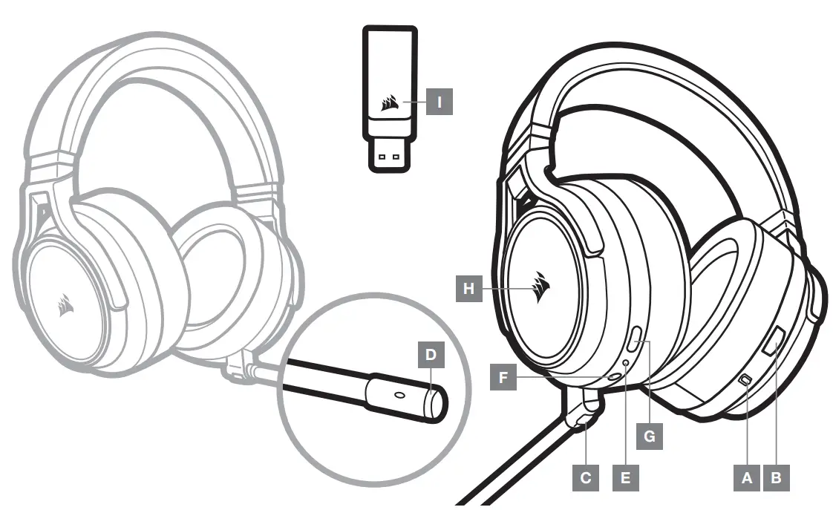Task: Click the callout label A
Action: (746, 477)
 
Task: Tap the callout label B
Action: (776, 477)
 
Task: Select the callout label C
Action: (586, 477)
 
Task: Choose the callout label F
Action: (503, 378)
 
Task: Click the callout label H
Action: (468, 288)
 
